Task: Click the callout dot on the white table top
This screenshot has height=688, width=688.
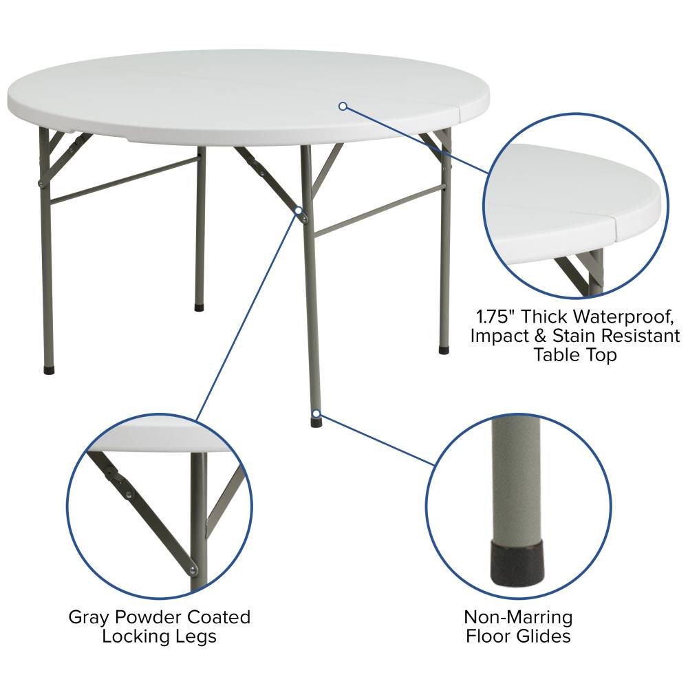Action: click(x=343, y=106)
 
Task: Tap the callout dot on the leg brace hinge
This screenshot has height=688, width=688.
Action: click(x=299, y=211)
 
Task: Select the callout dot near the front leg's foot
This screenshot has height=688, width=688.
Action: click(x=316, y=413)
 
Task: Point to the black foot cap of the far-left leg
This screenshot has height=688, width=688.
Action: click(x=49, y=369)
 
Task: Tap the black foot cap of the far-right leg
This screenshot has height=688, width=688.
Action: click(x=444, y=350)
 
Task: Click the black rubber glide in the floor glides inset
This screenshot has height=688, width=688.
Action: click(x=517, y=563)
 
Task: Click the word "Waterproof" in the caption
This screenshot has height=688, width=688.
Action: click(x=623, y=316)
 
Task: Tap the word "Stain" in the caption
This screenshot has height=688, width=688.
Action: click(x=574, y=336)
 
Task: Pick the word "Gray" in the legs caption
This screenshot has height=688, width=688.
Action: click(x=89, y=618)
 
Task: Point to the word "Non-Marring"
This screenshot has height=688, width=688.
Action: click(x=518, y=617)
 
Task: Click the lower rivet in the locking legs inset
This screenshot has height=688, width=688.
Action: click(x=192, y=570)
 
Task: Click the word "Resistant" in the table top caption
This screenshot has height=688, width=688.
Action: click(x=641, y=336)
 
